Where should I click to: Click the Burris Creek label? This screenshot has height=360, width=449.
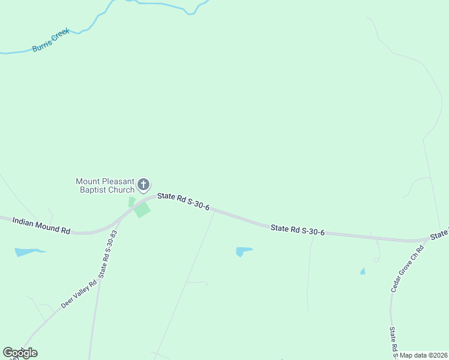(x=51, y=40)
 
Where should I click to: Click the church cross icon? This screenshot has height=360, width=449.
(x=143, y=184)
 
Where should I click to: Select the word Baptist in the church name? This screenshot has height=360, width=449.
(x=95, y=190)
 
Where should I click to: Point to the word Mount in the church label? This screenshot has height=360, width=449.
(x=88, y=181)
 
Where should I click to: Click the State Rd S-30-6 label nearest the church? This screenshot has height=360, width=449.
(x=183, y=202)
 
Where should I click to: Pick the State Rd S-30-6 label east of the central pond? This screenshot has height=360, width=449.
(x=297, y=229)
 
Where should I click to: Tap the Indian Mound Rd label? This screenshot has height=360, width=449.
(x=41, y=226)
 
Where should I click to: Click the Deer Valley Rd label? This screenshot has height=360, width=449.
(x=78, y=295)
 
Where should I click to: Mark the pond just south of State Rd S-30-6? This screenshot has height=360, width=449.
(x=243, y=251)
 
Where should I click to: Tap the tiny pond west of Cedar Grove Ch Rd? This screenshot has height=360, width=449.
(x=363, y=271)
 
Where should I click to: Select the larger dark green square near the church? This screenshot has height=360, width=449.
(x=142, y=209)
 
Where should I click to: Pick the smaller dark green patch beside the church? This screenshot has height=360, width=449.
(x=131, y=202)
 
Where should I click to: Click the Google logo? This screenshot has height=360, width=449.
(x=20, y=353)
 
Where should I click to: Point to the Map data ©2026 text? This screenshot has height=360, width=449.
(x=424, y=355)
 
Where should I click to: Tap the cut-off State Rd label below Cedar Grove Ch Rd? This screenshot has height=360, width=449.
(x=393, y=341)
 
